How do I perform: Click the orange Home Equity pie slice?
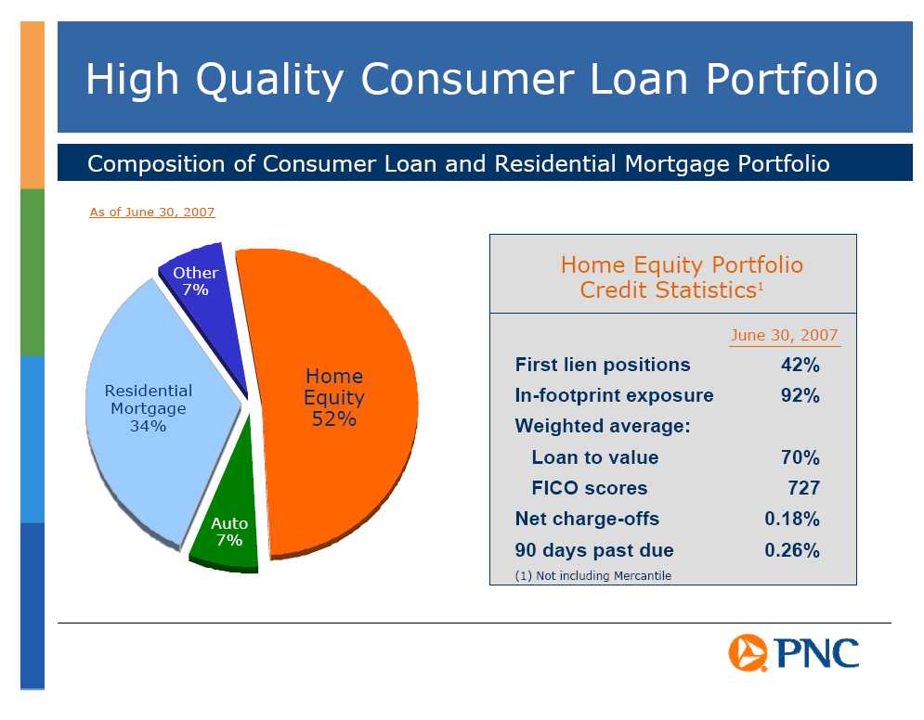pyautogui.click(x=336, y=400)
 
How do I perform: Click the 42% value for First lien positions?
pyautogui.click(x=800, y=365)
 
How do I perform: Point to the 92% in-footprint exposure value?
pyautogui.click(x=800, y=395)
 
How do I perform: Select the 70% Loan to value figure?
pyautogui.click(x=800, y=457)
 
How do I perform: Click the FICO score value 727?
pyautogui.click(x=804, y=488)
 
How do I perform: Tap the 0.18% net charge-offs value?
pyautogui.click(x=792, y=519)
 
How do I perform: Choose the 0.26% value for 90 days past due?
pyautogui.click(x=792, y=550)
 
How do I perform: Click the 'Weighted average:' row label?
pyautogui.click(x=603, y=426)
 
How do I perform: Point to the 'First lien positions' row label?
pyautogui.click(x=603, y=365)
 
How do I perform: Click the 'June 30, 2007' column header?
pyautogui.click(x=785, y=335)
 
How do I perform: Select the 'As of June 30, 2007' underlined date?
pyautogui.click(x=152, y=212)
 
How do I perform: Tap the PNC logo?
pyautogui.click(x=793, y=652)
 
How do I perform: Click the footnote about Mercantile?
pyautogui.click(x=592, y=576)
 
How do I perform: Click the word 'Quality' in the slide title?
pyautogui.click(x=269, y=80)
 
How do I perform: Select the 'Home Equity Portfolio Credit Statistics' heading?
pyautogui.click(x=682, y=277)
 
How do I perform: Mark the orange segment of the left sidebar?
pyautogui.click(x=33, y=105)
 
